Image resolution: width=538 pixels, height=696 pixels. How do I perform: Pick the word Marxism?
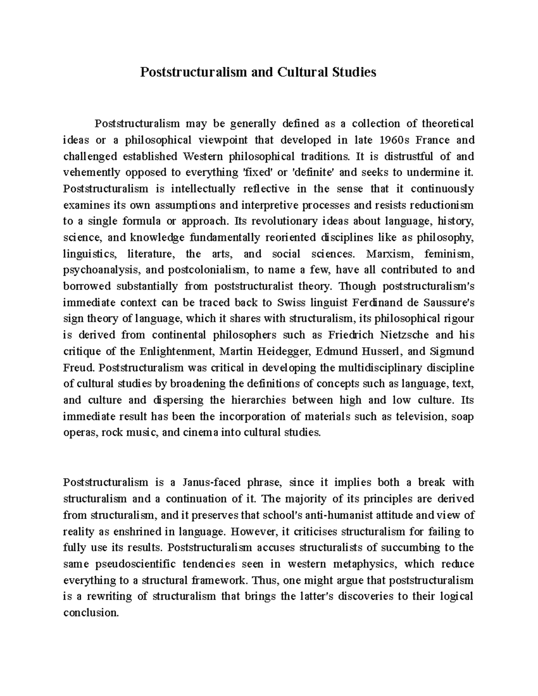click(388, 254)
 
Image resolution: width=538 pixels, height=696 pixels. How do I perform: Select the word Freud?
click(79, 368)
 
